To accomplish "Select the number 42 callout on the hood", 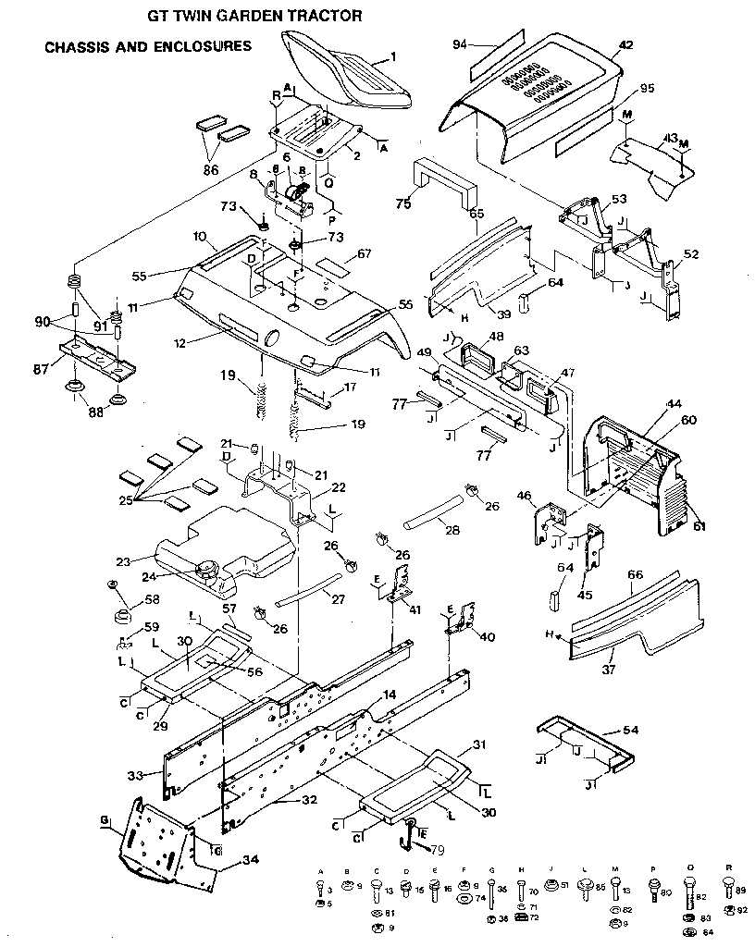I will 625,44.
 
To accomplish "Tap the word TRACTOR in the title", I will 310,16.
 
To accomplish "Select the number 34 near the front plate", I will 250,860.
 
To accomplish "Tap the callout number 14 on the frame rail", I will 390,694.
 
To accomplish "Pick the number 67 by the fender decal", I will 364,253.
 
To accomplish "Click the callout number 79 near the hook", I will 436,849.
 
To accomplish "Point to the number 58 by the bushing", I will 151,600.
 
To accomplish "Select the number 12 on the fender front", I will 179,342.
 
